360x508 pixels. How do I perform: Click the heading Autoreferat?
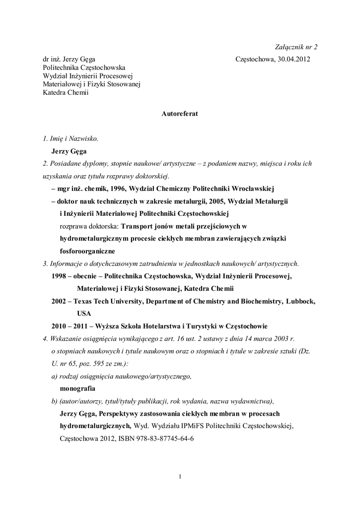click(x=180, y=114)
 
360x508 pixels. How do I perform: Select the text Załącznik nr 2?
click(x=296, y=47)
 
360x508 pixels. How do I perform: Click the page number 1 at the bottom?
click(x=180, y=477)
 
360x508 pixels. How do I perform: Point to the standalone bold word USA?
click(x=84, y=314)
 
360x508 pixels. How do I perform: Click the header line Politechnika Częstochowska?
click(x=84, y=67)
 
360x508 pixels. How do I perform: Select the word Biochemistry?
click(x=258, y=301)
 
